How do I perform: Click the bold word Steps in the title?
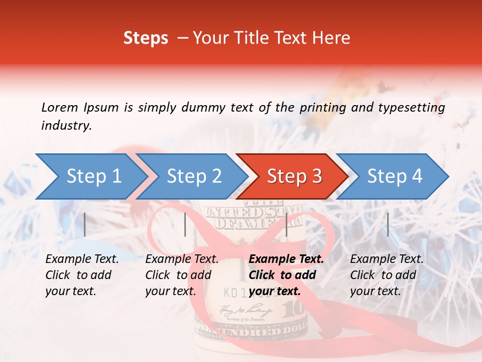[x=146, y=38]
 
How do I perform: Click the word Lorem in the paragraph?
[x=60, y=107]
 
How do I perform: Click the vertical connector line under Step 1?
[x=85, y=224]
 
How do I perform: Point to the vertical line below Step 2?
[x=185, y=224]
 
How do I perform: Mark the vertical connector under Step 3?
[x=286, y=224]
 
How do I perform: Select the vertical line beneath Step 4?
[x=388, y=224]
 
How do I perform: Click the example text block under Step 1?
[x=82, y=275]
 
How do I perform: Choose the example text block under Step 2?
[x=182, y=275]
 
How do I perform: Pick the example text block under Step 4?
[x=387, y=275]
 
